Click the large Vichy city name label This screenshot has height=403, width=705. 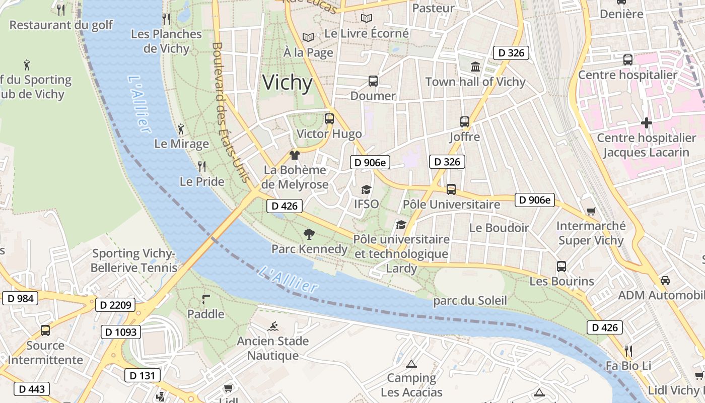288,83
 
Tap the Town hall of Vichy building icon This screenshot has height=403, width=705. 475,66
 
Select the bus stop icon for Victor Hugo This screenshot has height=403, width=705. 329,119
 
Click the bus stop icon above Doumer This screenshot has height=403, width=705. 373,81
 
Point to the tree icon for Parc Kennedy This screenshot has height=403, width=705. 309,234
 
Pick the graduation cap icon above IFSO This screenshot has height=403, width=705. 366,189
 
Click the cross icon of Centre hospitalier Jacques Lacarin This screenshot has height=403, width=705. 646,122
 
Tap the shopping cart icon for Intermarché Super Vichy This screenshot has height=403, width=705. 591,211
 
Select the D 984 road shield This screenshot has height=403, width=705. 21,298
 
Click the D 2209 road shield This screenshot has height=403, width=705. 115,305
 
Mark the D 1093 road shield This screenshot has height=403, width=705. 121,332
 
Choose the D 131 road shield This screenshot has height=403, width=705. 143,376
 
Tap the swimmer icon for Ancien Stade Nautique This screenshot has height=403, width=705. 273,326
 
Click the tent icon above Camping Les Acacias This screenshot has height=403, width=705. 411,363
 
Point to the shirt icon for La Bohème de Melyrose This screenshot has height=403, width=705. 295,155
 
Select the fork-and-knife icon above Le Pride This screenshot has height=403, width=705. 202,166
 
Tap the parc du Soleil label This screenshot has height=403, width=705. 470,301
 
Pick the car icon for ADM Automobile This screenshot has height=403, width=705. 665,280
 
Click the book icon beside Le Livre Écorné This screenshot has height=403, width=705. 366,19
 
